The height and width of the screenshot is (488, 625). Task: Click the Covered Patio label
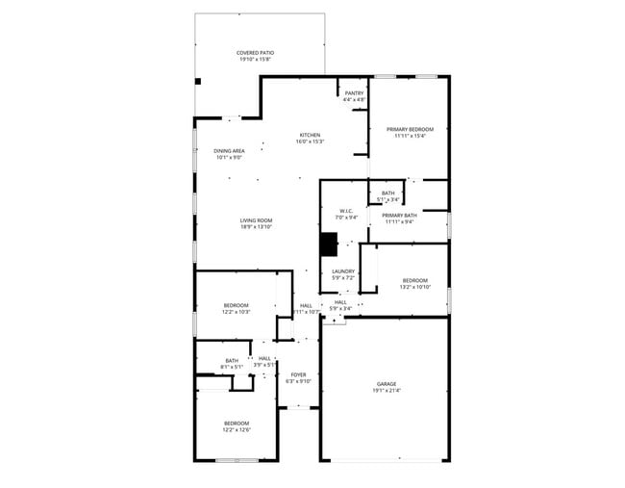click(255, 53)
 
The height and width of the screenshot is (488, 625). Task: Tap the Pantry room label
click(354, 93)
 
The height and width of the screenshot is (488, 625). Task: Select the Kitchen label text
click(310, 135)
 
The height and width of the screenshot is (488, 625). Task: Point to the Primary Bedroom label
click(410, 129)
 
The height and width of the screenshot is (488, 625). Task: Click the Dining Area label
click(229, 151)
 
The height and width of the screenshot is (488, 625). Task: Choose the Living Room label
click(257, 220)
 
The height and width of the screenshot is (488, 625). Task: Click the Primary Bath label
click(399, 215)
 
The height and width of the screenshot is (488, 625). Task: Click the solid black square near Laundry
click(330, 244)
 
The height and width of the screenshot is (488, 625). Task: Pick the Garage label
click(386, 384)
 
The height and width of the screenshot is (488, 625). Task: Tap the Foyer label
click(299, 374)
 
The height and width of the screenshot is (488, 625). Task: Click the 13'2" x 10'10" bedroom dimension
click(415, 287)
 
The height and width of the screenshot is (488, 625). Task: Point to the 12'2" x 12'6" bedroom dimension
click(237, 430)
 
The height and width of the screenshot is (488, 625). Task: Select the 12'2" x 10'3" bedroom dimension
click(237, 312)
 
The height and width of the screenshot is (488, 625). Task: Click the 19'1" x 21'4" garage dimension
click(386, 391)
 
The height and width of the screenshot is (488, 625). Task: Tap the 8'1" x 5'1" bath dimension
click(232, 367)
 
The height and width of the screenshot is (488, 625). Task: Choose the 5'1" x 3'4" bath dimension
click(387, 199)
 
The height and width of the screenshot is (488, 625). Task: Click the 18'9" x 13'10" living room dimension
click(257, 227)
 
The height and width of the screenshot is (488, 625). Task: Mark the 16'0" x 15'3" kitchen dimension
click(310, 141)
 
